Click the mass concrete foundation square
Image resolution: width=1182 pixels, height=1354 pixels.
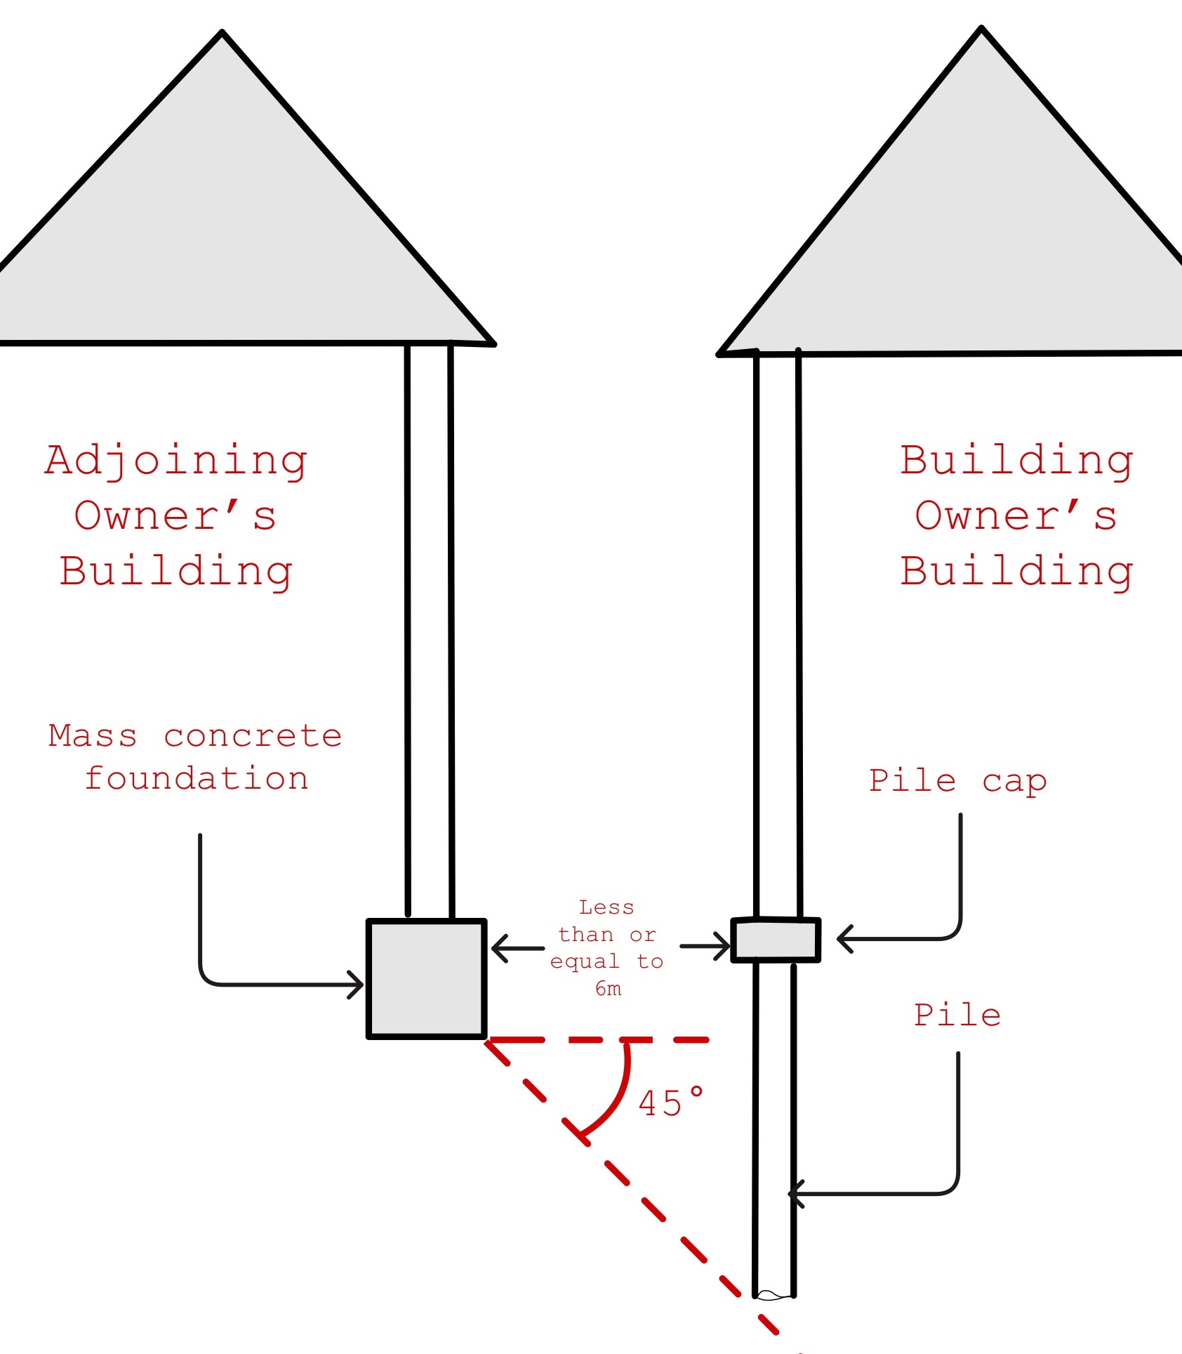coord(427,978)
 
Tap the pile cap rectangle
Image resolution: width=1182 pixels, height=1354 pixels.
coord(776,940)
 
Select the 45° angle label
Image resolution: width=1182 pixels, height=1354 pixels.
coord(670,1103)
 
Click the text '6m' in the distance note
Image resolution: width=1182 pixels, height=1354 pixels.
coord(608,989)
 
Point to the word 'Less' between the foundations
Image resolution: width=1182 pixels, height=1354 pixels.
coord(606,907)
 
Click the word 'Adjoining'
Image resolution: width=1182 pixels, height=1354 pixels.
coord(176,462)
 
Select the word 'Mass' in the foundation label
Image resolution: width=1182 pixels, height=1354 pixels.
coord(93,736)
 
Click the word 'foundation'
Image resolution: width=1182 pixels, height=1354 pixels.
coord(197,779)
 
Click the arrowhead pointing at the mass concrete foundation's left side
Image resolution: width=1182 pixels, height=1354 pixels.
coord(358,984)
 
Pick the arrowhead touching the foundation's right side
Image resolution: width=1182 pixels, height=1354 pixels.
coord(497,948)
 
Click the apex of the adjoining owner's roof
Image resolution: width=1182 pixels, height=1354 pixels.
coord(222,32)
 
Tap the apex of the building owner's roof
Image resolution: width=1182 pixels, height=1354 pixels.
coord(981,29)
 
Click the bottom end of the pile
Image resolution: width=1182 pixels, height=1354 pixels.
coord(773,1294)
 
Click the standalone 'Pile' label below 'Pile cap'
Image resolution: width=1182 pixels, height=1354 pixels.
coord(957,1015)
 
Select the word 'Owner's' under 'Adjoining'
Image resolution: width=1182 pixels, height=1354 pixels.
coord(175,516)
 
